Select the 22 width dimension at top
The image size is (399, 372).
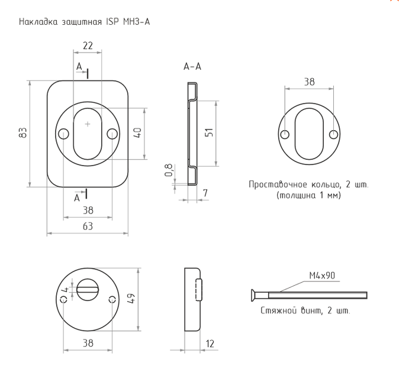tap(87, 46)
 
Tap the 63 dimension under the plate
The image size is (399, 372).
tap(87, 226)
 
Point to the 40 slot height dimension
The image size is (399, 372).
tap(137, 133)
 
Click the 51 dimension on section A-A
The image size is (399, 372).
tap(208, 133)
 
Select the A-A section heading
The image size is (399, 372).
tap(192, 67)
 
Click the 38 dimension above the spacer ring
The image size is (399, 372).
tap(310, 82)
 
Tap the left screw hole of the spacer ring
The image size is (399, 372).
tap(285, 134)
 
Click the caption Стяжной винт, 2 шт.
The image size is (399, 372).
tap(305, 311)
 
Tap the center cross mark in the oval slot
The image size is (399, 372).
tap(88, 124)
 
